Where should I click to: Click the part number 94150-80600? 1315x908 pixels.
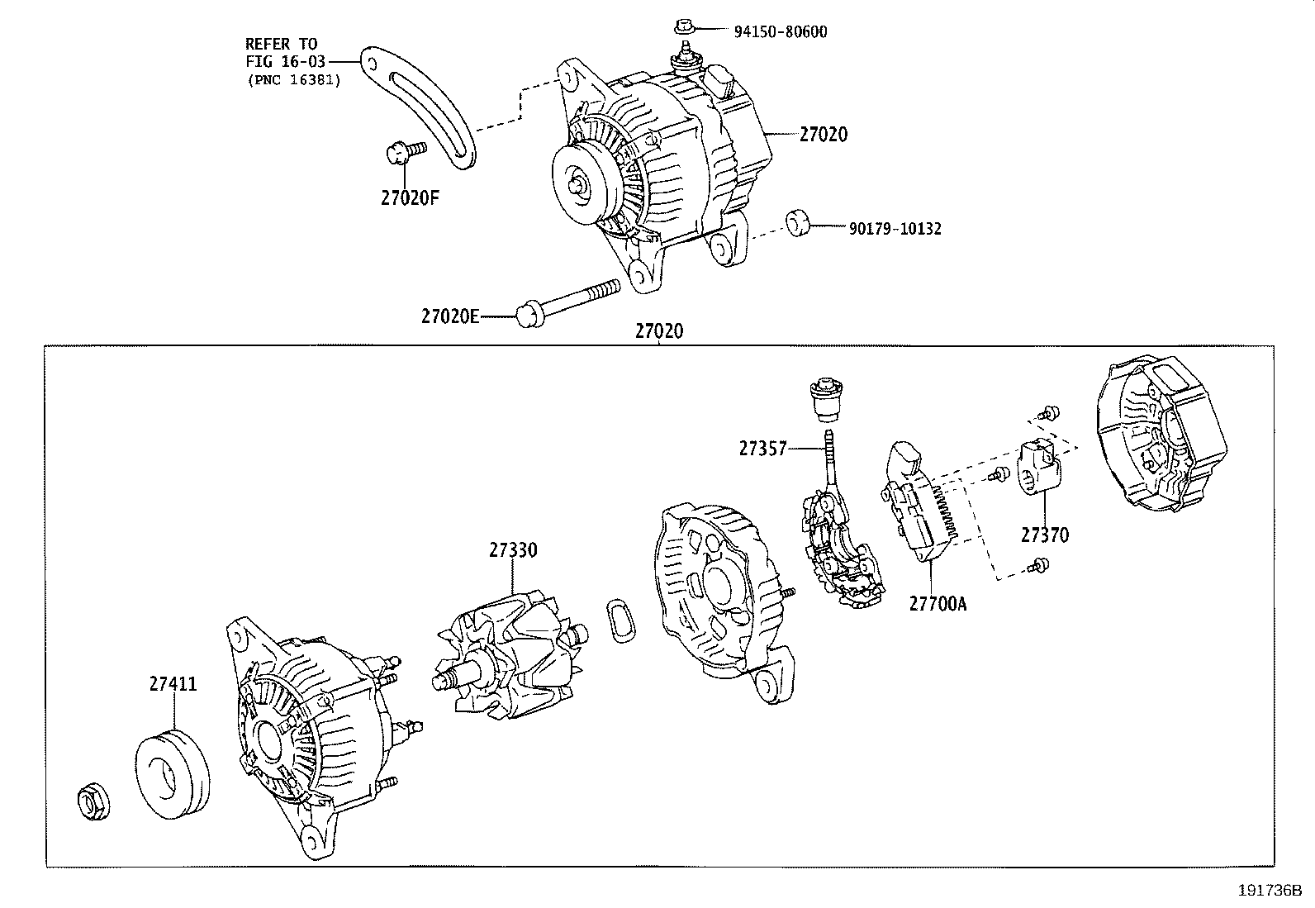pos(780,32)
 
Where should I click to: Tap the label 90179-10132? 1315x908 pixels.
pos(895,229)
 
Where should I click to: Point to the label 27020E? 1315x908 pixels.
pos(449,316)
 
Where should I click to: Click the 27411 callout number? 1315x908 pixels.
pos(173,684)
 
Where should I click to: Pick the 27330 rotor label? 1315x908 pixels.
pos(512,549)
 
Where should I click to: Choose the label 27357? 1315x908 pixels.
pos(763,449)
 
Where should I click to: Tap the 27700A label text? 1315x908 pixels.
pos(938,604)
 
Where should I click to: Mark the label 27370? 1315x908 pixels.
pos(1044,535)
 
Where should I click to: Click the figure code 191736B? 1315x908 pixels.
pos(1269,891)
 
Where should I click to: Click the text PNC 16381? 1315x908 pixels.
pos(293,80)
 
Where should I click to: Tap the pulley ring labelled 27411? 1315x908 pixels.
pos(172,774)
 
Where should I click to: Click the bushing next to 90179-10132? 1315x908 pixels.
pos(797,223)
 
